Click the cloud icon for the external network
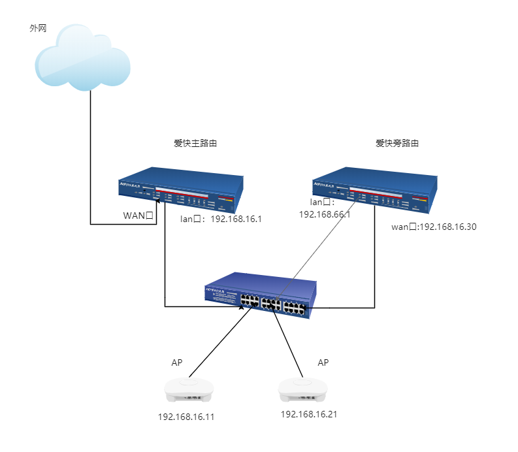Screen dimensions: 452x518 click(x=82, y=57)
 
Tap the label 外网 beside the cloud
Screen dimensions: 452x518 click(x=38, y=29)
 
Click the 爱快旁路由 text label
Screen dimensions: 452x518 click(x=397, y=144)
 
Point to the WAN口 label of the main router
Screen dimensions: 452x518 click(x=138, y=216)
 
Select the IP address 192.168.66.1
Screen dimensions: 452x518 click(x=325, y=214)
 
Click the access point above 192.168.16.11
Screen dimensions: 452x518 click(x=189, y=390)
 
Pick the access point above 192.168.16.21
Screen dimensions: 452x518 click(x=302, y=389)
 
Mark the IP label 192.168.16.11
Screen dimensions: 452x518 click(x=186, y=416)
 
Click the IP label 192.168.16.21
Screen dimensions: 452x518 click(x=309, y=414)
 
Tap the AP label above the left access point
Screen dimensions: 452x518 click(x=177, y=363)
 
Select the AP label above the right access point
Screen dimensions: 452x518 click(x=323, y=363)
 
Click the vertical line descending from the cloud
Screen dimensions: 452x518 click(x=90, y=157)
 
